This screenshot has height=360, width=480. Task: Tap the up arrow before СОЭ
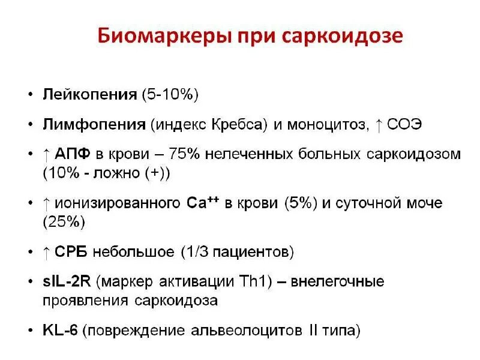point(379,125)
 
